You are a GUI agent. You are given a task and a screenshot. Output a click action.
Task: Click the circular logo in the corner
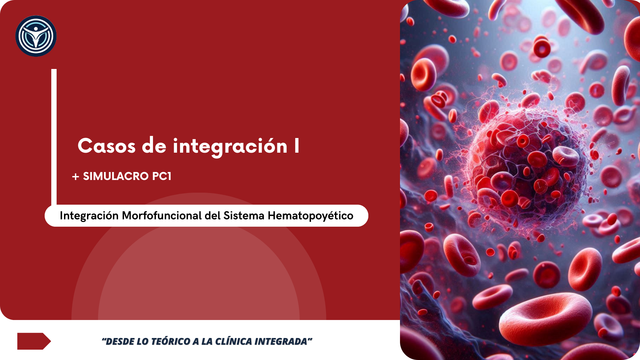click(x=36, y=36)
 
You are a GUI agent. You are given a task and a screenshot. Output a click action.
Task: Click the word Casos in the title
click(x=107, y=146)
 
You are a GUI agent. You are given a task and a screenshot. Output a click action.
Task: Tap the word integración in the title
click(x=230, y=147)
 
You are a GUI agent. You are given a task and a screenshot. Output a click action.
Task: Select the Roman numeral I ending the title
click(x=297, y=146)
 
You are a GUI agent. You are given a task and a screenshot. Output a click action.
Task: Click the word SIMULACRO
click(x=115, y=176)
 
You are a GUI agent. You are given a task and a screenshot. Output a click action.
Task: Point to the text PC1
click(x=162, y=176)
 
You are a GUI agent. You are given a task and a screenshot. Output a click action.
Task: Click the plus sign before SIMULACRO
click(x=76, y=177)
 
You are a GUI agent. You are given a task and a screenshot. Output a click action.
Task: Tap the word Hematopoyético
click(x=310, y=216)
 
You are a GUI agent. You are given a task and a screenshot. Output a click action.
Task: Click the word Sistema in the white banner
click(x=244, y=215)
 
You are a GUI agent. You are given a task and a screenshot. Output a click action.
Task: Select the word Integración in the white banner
click(x=89, y=216)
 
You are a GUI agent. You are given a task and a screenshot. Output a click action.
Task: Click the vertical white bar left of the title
click(x=54, y=137)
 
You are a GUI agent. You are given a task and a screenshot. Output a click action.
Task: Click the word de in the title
click(x=154, y=146)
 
